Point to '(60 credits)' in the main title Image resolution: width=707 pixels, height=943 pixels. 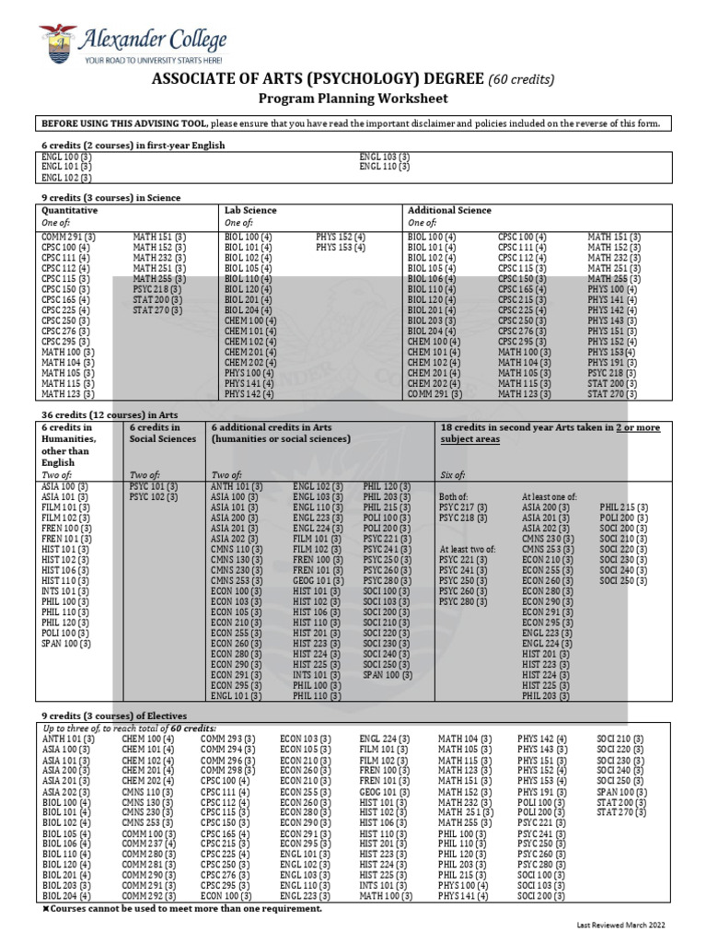(521, 79)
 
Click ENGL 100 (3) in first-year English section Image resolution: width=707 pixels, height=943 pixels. (66, 157)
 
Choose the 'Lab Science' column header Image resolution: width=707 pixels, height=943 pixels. (250, 211)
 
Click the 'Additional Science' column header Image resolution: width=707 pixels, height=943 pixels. (449, 211)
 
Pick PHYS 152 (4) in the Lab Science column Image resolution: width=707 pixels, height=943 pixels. (341, 237)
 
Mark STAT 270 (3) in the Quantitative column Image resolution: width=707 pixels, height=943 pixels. (157, 310)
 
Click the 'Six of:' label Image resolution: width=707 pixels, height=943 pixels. (453, 474)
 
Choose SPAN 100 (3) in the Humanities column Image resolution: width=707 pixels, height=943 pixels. (66, 645)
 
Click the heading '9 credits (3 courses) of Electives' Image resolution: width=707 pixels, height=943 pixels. (113, 716)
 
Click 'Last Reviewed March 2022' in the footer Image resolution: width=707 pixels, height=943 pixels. (620, 925)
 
